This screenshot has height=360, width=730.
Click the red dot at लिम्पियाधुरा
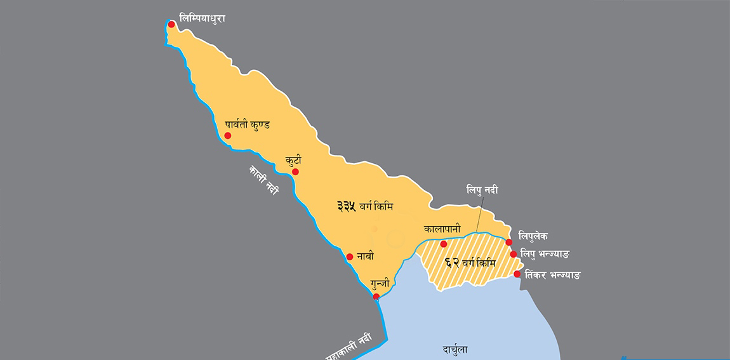171,24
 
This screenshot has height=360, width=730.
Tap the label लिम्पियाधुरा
202,19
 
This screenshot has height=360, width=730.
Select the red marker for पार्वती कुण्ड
228,136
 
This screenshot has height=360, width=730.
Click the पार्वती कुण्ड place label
247,124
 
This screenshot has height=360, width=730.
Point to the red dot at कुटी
295,171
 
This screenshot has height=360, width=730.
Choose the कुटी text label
293,161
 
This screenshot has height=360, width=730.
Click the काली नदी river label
263,180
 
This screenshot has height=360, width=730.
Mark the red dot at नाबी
350,257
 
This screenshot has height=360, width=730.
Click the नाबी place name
365,257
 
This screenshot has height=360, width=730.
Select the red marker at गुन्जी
376,297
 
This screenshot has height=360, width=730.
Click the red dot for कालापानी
444,244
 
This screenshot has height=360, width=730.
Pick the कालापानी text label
442,229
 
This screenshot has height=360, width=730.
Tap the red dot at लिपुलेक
509,242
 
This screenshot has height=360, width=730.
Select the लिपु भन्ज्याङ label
544,254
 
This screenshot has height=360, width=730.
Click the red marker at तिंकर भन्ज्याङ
517,274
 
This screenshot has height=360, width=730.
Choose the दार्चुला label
456,350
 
